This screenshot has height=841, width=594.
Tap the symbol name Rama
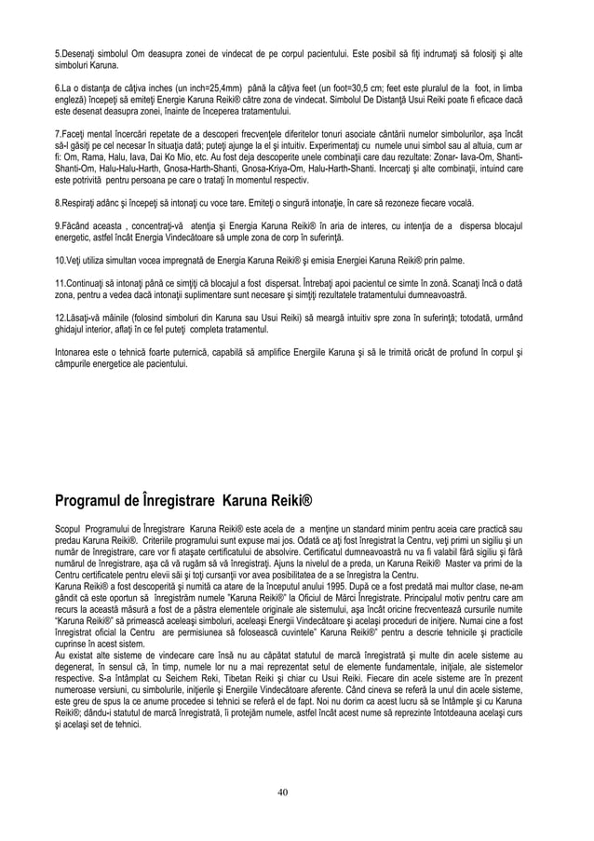91,172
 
